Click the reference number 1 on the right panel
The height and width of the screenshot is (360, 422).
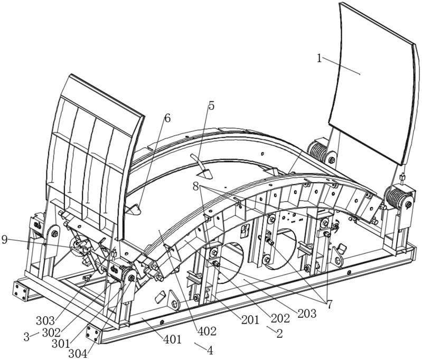point(320,58)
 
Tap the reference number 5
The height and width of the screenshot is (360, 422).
point(211,106)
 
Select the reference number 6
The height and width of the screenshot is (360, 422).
point(167,118)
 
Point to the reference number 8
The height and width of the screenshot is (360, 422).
point(195,186)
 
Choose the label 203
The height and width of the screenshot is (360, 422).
point(306,313)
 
